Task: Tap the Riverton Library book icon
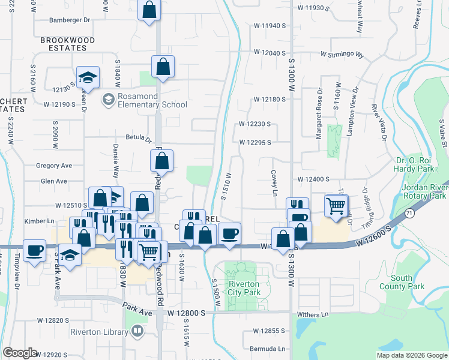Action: pos(137,331)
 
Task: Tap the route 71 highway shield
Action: pos(409,213)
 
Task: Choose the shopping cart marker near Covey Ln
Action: pos(336,206)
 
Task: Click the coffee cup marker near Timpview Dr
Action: pos(34,250)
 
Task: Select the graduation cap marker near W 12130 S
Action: pos(88,76)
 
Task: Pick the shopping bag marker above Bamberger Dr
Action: pos(149,10)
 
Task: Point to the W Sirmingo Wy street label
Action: pos(342,55)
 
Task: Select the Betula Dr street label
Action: pos(139,138)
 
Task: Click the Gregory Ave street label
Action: pos(54,166)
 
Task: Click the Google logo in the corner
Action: pos(20,353)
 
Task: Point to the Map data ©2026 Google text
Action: pos(411,355)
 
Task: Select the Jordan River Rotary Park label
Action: pos(424,191)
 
